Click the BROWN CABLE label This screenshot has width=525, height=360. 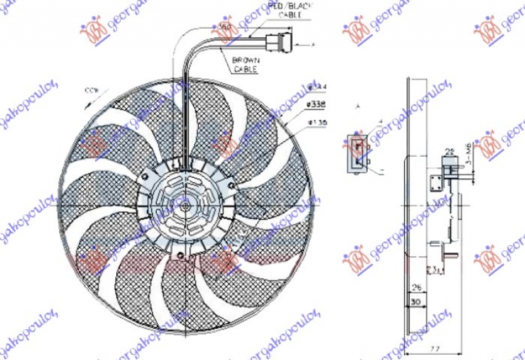(x=244, y=64)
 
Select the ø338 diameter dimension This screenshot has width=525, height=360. (x=316, y=104)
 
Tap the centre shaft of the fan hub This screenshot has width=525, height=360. (x=186, y=205)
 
